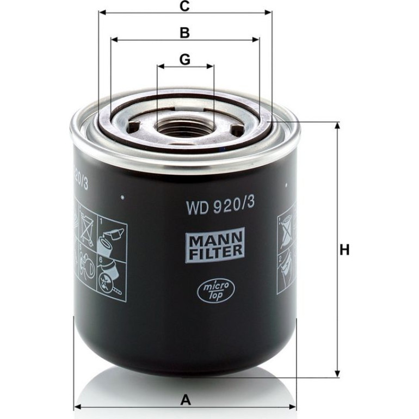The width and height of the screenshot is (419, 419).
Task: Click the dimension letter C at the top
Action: [x=184, y=6]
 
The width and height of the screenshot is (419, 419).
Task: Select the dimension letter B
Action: [x=184, y=33]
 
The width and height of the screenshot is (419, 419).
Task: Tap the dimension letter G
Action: [x=185, y=59]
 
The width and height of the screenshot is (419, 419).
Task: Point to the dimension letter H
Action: [x=344, y=250]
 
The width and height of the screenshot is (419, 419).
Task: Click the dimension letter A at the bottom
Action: [x=186, y=400]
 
